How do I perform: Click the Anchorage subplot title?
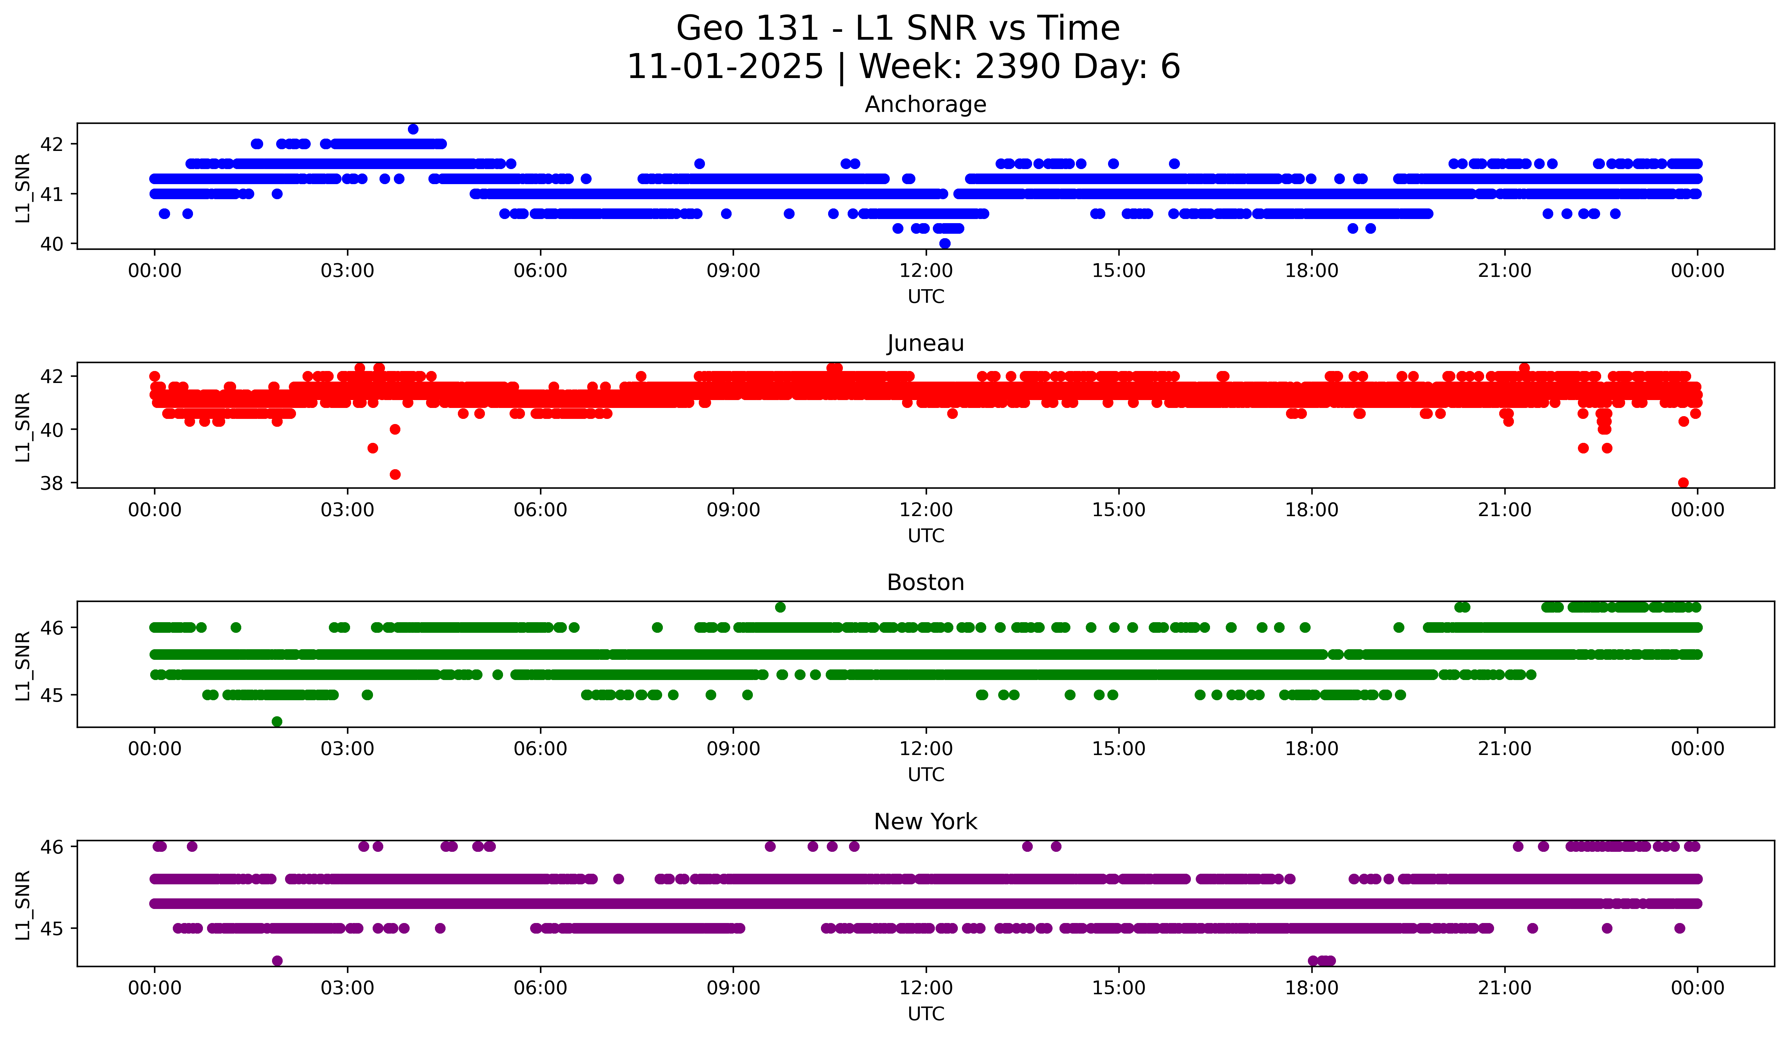[925, 104]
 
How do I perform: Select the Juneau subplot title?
[925, 343]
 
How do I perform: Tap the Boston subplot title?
[925, 582]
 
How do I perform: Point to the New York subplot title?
[925, 822]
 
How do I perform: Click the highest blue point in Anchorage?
[413, 129]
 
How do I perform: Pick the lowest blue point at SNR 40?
[944, 243]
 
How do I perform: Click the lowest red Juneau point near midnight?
[1683, 483]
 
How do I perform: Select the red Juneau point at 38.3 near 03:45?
[395, 474]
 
